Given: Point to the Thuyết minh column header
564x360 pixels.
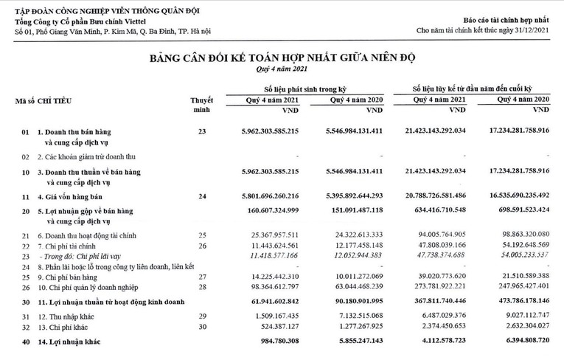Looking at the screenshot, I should [x=201, y=103].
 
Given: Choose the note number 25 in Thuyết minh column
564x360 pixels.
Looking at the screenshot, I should [x=201, y=235].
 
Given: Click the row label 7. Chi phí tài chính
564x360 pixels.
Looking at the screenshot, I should [x=70, y=246].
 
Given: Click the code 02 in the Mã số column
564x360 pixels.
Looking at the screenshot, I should [x=24, y=157].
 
